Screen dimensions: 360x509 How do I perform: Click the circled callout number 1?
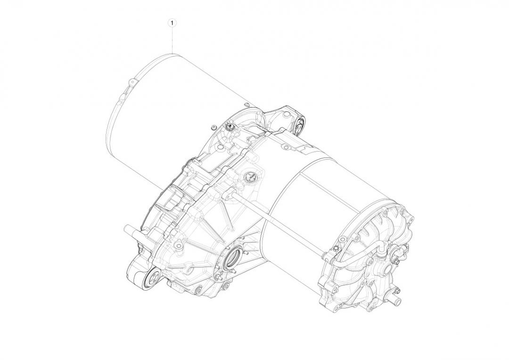point(172,22)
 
